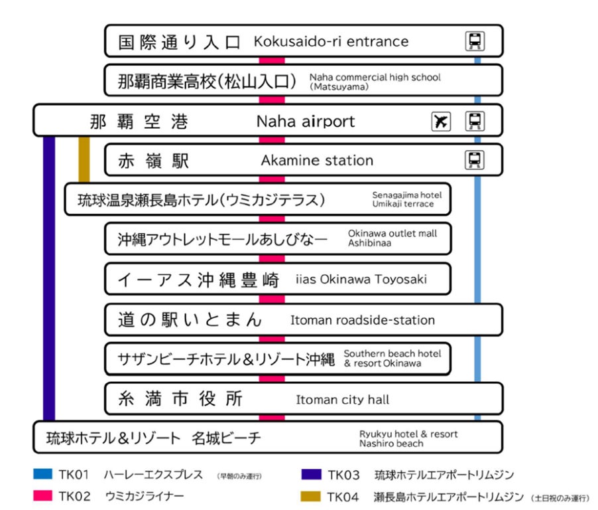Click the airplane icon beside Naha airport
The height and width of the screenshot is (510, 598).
pyautogui.click(x=441, y=122)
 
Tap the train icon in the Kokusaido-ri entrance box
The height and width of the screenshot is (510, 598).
pyautogui.click(x=475, y=41)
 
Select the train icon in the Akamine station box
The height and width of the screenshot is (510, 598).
pyautogui.click(x=475, y=160)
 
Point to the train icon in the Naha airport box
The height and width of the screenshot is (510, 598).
pyautogui.click(x=475, y=122)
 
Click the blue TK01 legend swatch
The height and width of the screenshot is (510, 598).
pyautogui.click(x=42, y=475)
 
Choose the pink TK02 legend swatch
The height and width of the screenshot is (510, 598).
pyautogui.click(x=42, y=496)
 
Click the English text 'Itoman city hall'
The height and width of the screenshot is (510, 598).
pyautogui.click(x=342, y=400)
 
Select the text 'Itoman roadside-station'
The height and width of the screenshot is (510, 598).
pyautogui.click(x=363, y=320)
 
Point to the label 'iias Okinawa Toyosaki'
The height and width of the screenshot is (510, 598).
pyautogui.click(x=361, y=280)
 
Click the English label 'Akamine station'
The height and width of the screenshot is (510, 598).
pyautogui.click(x=317, y=160)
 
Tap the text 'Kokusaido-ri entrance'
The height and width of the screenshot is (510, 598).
pyautogui.click(x=331, y=41)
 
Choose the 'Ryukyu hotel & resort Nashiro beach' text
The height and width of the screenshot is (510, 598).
pyautogui.click(x=408, y=438)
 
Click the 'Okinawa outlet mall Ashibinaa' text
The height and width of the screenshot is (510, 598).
pyautogui.click(x=392, y=238)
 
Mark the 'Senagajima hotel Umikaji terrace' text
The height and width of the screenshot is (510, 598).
pyautogui.click(x=406, y=199)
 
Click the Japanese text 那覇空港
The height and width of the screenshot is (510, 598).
pyautogui.click(x=139, y=122)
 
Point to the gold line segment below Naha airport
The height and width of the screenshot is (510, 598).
pyautogui.click(x=84, y=159)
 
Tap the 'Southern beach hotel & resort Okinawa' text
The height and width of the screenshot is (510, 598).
pyautogui.click(x=392, y=359)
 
